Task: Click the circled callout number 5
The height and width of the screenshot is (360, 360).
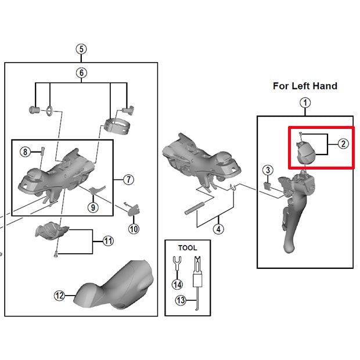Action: (81, 49)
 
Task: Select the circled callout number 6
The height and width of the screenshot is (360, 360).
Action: (81, 73)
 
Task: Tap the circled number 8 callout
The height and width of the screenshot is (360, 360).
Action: (25, 152)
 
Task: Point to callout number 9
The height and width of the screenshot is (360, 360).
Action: (93, 207)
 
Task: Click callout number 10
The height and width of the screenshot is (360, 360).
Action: (134, 229)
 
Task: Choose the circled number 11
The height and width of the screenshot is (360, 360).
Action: (108, 241)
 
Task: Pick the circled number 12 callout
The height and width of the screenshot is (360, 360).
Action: (59, 296)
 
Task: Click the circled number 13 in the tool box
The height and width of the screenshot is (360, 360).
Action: (181, 300)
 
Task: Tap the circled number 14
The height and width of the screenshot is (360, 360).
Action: (177, 285)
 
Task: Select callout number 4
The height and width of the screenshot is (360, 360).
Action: (218, 229)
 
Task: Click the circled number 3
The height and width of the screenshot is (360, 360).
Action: (268, 170)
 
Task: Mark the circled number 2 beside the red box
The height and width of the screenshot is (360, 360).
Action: (343, 144)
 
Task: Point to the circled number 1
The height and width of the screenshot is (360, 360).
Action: (305, 103)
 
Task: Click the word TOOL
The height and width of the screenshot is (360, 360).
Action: (188, 248)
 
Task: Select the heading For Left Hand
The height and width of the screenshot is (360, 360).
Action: (305, 86)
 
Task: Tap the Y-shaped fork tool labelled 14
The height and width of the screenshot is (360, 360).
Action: (177, 263)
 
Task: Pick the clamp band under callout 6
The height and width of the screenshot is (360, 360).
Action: (117, 126)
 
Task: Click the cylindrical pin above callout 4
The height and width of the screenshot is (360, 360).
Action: (195, 208)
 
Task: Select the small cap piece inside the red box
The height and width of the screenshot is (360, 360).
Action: (305, 152)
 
